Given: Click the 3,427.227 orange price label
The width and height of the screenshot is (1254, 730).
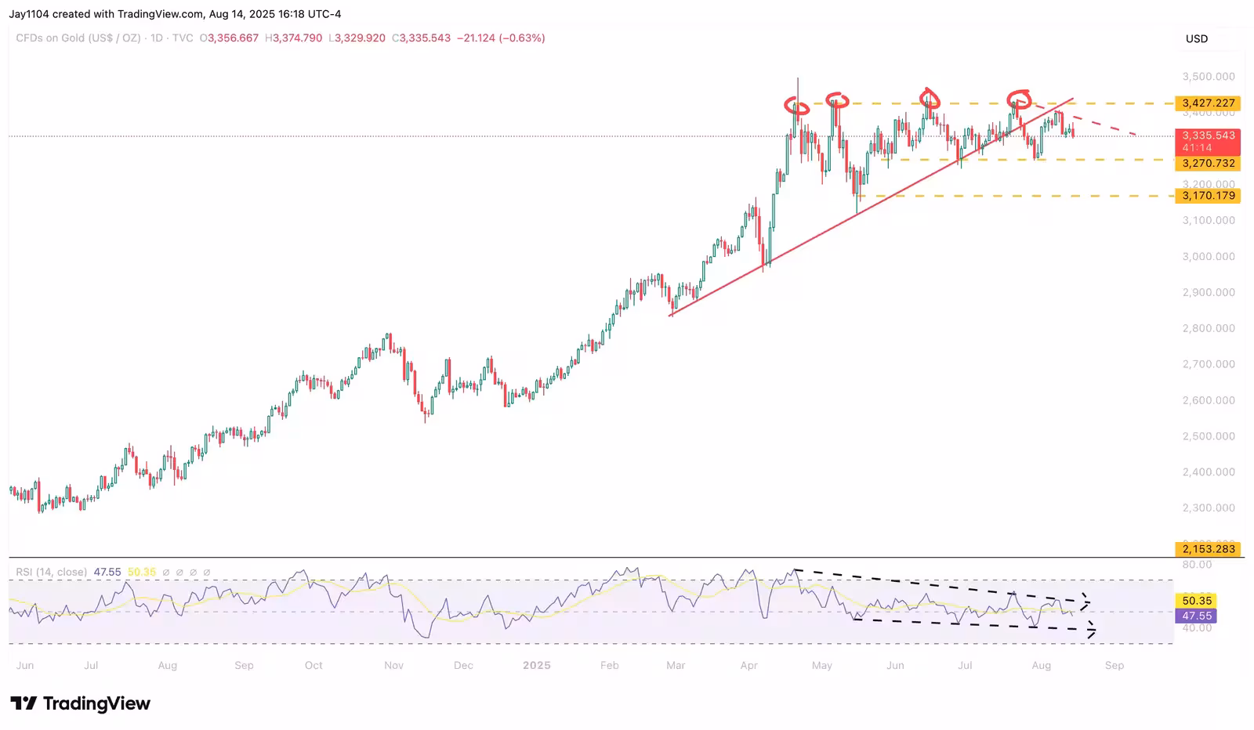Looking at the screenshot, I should point(1208,103).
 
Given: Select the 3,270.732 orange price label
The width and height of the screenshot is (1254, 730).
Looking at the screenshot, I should point(1208,164).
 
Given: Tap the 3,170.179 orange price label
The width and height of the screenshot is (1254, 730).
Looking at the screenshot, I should point(1208,196).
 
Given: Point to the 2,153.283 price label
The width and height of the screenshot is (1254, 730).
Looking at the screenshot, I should point(1208,549).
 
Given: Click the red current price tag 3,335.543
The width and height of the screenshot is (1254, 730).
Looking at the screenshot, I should point(1208,136).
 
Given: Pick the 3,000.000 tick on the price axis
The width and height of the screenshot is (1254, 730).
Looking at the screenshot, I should point(1208,256).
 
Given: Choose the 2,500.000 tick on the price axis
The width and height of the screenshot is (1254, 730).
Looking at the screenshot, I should point(1208,436).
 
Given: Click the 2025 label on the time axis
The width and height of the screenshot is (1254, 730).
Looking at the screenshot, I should point(537,665).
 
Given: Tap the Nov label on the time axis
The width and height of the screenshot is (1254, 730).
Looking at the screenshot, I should point(393,665).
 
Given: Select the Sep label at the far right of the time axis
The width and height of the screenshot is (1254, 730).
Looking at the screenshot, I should point(1114,665).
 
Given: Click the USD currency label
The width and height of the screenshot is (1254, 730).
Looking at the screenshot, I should point(1196,38).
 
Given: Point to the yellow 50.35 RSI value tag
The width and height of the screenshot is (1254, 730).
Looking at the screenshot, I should point(1197,601).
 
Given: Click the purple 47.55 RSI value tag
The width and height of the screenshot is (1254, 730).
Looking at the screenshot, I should point(1197,616).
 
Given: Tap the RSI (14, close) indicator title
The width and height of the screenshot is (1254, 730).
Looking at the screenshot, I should point(52,573).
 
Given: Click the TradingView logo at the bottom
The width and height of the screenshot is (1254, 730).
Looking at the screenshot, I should point(80,703).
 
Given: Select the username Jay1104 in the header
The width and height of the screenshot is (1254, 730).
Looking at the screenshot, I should point(29,14).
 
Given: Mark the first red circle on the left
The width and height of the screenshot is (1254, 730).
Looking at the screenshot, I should point(797,106).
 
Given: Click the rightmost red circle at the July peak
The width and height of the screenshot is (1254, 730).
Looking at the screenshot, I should point(1019,99).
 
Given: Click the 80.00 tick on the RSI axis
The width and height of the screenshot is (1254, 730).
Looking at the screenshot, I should point(1197,564).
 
